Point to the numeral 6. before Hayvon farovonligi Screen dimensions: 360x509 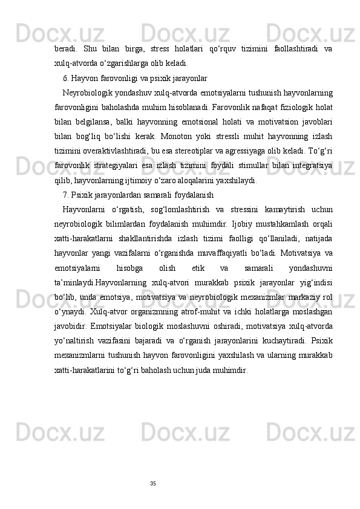point(66,78)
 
